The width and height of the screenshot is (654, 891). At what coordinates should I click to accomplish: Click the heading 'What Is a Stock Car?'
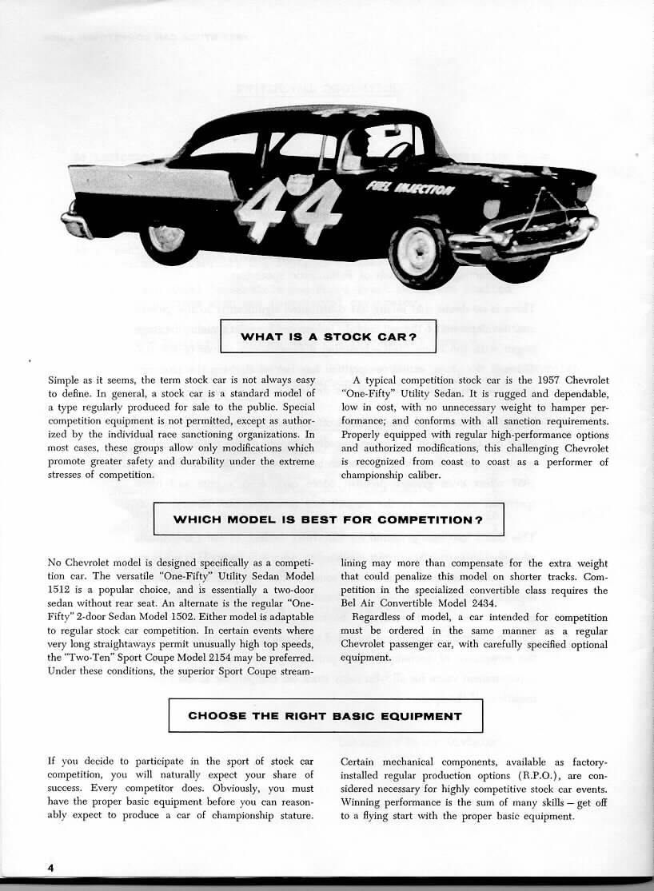coord(328,336)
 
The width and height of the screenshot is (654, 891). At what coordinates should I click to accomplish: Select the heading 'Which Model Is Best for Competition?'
coord(328,519)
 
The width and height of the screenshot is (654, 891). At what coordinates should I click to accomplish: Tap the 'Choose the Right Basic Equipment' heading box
coord(325,715)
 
